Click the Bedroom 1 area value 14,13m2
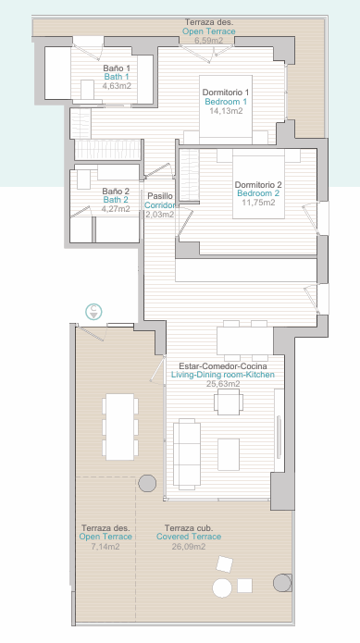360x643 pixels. (x=226, y=111)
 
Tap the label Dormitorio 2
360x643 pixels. (x=258, y=185)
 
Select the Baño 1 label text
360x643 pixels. (x=117, y=68)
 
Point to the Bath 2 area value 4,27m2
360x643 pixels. (x=116, y=209)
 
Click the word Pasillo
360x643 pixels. (x=160, y=196)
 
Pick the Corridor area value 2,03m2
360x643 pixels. (x=159, y=214)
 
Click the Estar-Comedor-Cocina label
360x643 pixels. (x=223, y=365)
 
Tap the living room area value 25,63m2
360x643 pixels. (x=223, y=384)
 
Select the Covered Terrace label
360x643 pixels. (x=189, y=537)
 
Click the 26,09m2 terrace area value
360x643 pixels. (x=189, y=546)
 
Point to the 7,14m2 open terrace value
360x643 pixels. (x=106, y=546)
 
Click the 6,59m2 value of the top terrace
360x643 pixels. (x=209, y=40)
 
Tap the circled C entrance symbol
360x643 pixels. (x=93, y=312)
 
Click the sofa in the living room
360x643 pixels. (x=187, y=454)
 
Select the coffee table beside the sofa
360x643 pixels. (x=229, y=454)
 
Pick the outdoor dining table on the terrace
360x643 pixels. (x=120, y=427)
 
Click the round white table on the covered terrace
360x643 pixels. (x=222, y=587)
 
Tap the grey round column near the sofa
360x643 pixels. (x=147, y=484)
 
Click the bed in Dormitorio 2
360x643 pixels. (x=258, y=184)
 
